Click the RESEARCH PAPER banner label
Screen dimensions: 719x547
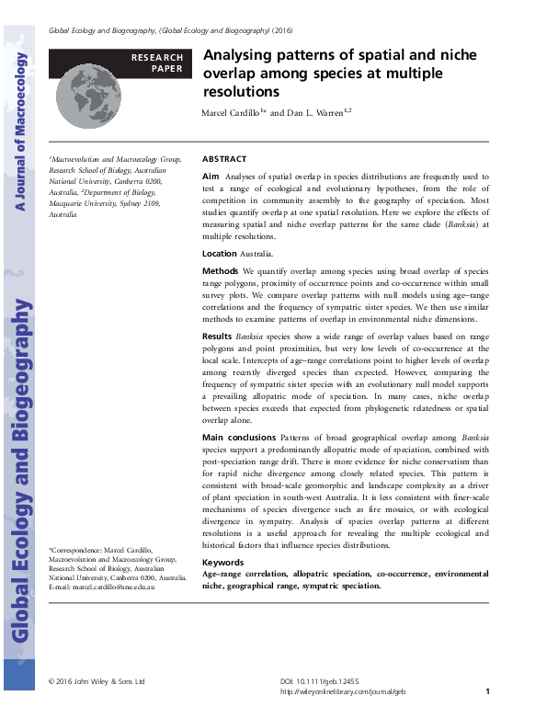(157, 63)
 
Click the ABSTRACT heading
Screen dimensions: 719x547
(223, 158)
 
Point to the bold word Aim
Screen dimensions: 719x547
(210, 175)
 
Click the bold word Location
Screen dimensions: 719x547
(219, 253)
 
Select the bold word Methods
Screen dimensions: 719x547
(220, 272)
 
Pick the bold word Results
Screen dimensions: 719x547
(218, 337)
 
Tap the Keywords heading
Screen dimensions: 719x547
(222, 562)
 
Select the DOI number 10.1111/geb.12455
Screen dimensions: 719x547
(332, 681)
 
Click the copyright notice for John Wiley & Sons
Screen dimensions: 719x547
(97, 681)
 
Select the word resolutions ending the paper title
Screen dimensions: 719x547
(241, 92)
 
